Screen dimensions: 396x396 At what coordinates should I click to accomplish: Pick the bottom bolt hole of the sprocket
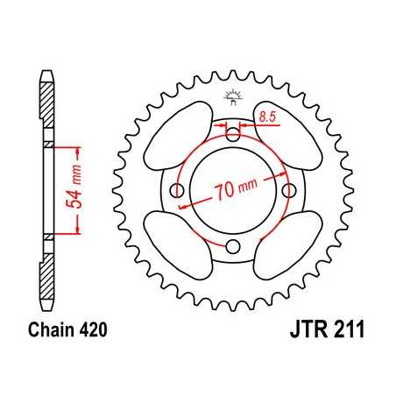233,246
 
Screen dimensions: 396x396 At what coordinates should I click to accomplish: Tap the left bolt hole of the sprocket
177,191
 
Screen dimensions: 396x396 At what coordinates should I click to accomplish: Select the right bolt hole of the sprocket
288,190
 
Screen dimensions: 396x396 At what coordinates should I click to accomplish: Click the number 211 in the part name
346,333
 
